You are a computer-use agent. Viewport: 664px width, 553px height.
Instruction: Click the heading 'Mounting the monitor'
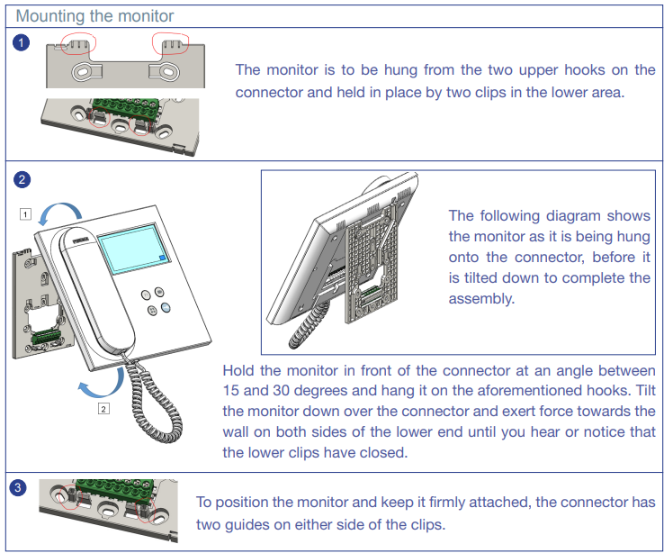(x=94, y=16)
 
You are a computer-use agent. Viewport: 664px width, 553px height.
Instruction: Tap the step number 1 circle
(x=21, y=42)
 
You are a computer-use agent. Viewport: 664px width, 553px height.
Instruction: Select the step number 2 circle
(x=22, y=179)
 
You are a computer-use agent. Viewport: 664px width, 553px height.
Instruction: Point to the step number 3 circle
(x=18, y=487)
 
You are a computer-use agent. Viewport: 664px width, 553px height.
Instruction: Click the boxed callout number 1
(x=25, y=214)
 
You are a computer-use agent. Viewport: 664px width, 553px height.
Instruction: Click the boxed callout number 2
(x=103, y=409)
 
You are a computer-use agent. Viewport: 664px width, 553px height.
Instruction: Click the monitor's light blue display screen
(x=133, y=248)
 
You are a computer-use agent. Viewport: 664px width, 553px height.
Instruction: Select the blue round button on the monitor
(x=166, y=308)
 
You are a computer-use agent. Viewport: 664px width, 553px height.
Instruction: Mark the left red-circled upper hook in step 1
(x=79, y=44)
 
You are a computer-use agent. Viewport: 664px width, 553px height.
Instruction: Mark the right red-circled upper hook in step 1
(x=171, y=43)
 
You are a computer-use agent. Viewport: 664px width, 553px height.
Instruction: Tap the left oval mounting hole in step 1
(x=81, y=72)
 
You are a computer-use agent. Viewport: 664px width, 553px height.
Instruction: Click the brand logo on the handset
(x=80, y=240)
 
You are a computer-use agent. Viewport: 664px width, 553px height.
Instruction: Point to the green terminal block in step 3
(x=115, y=488)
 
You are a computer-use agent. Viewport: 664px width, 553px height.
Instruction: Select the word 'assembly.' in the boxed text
(x=481, y=299)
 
